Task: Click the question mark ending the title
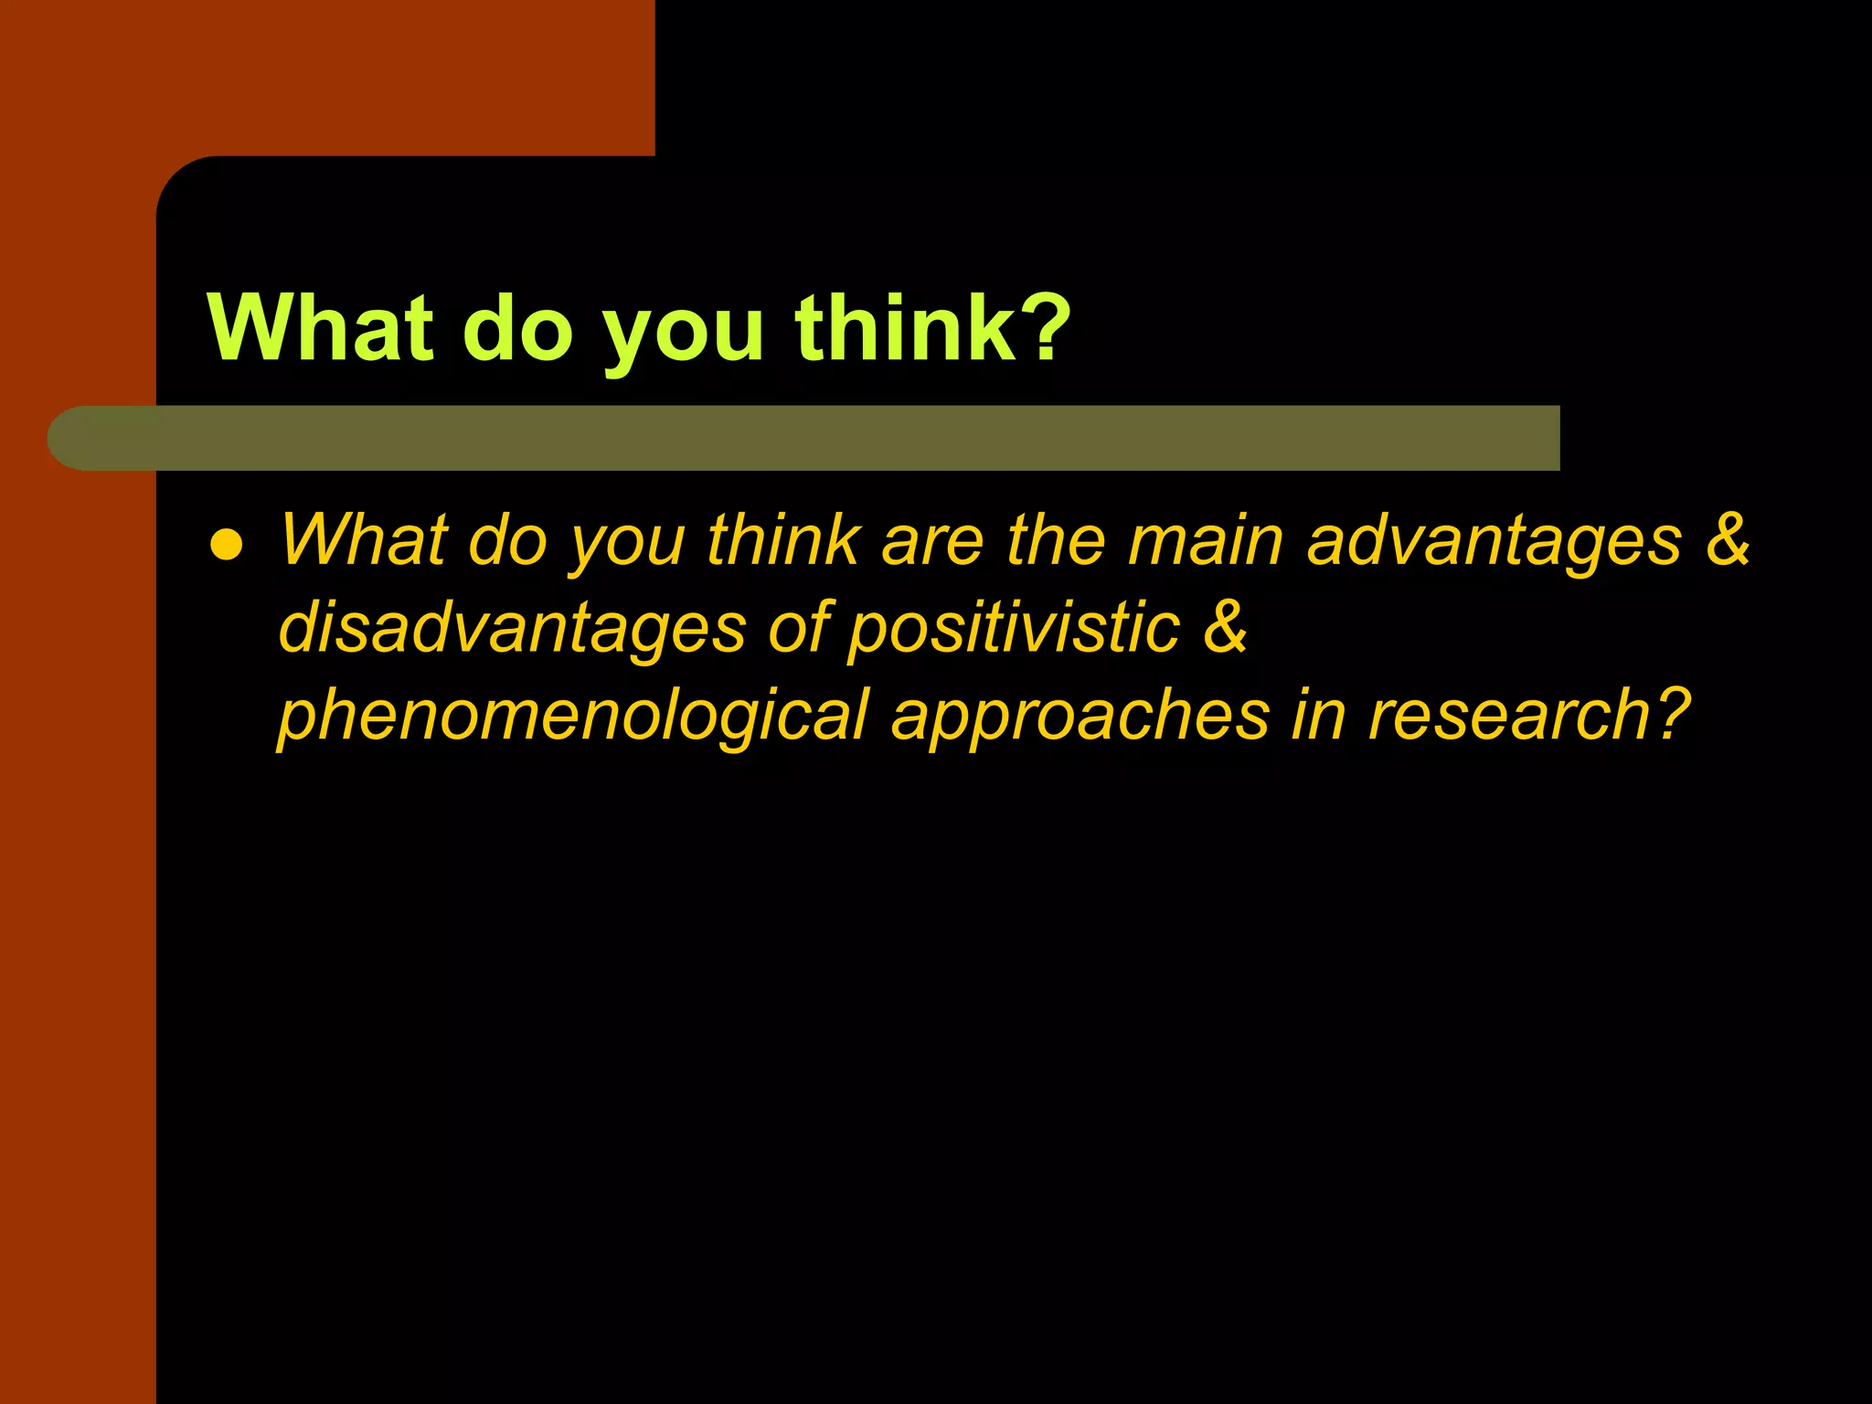1042,328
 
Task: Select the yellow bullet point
226,546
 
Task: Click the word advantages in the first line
1494,541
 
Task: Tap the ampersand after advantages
1727,539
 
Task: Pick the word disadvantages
512,629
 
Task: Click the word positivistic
1014,629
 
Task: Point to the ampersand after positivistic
1225,627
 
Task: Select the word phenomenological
573,716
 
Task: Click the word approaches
1080,716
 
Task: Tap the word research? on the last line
1528,716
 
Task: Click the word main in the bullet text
1206,541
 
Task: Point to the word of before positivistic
799,629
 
